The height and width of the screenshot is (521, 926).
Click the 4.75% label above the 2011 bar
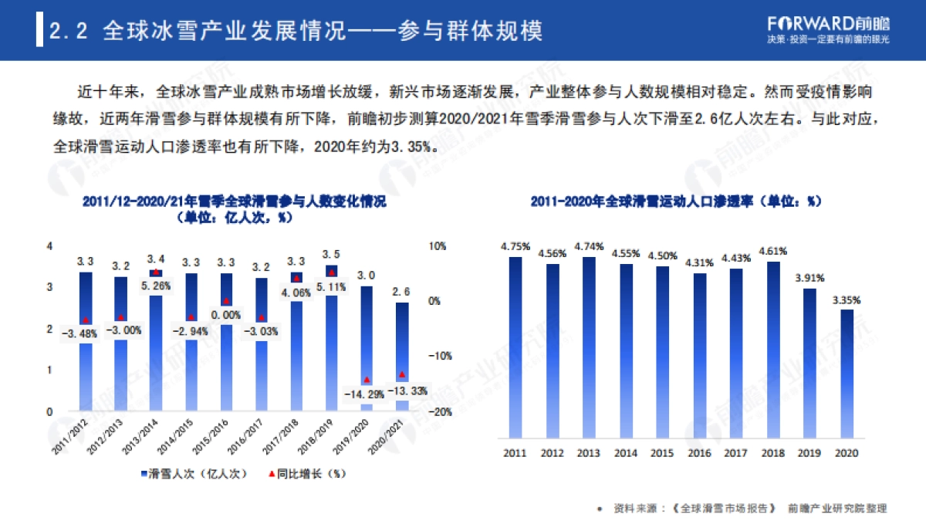click(515, 247)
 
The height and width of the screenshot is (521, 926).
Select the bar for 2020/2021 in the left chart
click(402, 355)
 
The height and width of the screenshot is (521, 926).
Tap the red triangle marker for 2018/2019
click(332, 272)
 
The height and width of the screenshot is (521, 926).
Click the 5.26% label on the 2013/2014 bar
click(156, 286)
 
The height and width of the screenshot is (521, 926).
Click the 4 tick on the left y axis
click(50, 246)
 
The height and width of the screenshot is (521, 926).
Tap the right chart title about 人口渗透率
click(675, 202)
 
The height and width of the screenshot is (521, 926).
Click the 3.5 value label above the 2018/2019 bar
click(331, 254)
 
